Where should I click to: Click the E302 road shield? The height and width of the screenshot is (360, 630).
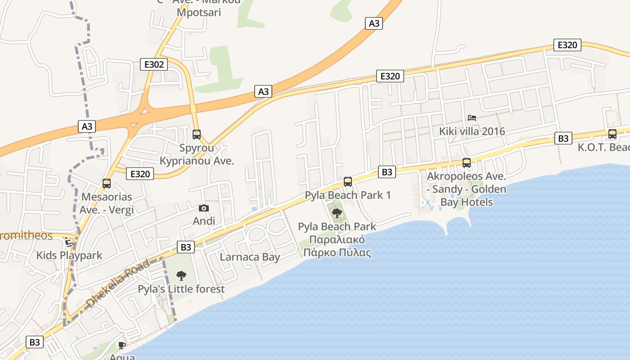click(154, 64)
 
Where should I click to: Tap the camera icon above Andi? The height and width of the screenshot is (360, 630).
click(204, 208)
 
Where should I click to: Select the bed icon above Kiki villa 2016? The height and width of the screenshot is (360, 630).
click(472, 118)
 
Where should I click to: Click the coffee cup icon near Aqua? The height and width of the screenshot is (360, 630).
click(121, 345)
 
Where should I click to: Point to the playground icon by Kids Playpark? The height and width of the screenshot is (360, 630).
click(69, 242)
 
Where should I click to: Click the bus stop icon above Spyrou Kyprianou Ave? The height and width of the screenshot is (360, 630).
click(197, 134)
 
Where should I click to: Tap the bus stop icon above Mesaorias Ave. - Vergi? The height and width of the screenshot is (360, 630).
click(107, 183)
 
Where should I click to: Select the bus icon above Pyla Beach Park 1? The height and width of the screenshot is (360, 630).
click(348, 181)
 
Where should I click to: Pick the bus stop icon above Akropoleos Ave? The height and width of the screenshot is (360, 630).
click(467, 162)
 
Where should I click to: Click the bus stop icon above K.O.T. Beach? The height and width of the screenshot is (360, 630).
click(612, 134)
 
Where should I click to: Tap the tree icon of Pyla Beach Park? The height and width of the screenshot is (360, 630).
click(337, 213)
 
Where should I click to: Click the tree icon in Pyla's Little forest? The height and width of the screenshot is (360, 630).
click(181, 275)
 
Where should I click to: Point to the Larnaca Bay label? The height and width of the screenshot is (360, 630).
click(250, 257)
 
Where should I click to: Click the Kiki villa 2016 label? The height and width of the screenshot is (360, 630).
click(472, 131)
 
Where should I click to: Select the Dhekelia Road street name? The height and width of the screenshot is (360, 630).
click(118, 284)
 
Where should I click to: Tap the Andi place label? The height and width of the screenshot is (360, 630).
click(204, 221)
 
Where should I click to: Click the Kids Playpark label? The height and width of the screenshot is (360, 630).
click(69, 256)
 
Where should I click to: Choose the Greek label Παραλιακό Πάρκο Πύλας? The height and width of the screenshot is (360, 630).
click(337, 246)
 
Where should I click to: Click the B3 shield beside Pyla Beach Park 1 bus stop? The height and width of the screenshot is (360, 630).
click(387, 171)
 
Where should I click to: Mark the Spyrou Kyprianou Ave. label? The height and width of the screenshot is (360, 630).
click(197, 154)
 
